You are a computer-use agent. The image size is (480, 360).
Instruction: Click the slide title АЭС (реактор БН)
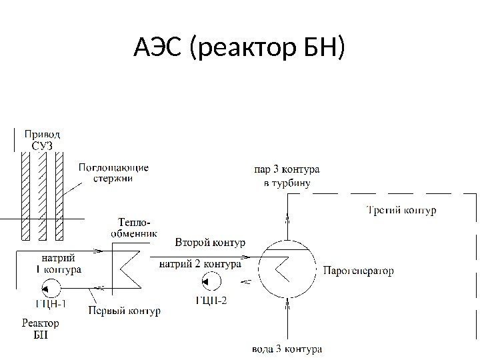(240, 49)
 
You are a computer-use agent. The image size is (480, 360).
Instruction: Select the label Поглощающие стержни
(113, 173)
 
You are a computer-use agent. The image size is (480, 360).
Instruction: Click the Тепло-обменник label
(133, 227)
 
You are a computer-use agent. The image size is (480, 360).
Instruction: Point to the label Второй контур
(210, 241)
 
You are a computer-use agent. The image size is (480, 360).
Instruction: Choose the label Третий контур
(402, 211)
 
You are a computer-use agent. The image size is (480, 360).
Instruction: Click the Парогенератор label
(358, 271)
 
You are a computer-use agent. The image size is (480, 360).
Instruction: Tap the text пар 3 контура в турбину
(287, 177)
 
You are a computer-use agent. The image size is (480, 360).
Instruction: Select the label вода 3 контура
(287, 349)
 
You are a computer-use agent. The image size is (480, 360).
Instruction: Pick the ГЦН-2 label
(211, 300)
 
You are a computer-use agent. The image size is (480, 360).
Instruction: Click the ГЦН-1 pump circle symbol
(50, 289)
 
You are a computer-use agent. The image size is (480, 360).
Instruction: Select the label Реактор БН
(41, 329)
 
